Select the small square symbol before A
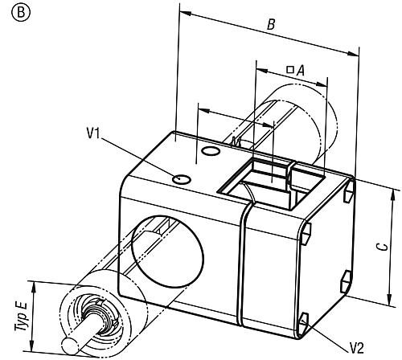tap(289, 70)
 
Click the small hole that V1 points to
tap(183, 178)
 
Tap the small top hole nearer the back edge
tap(211, 151)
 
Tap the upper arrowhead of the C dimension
tap(395, 190)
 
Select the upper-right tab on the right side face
tap(347, 193)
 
